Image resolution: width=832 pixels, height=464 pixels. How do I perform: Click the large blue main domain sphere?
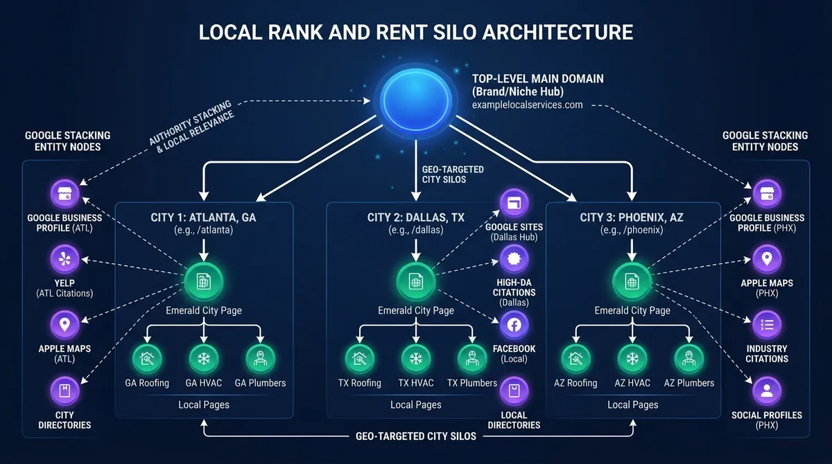[x=415, y=100]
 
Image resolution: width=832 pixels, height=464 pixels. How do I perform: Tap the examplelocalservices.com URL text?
[x=527, y=105]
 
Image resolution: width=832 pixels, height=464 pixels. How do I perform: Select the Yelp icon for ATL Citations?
[x=64, y=259]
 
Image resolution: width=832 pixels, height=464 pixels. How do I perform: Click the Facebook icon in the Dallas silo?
[x=514, y=325]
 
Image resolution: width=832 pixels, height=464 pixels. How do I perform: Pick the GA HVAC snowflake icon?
[x=204, y=359]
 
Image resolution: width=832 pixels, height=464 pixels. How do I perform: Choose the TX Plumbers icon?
[x=472, y=359]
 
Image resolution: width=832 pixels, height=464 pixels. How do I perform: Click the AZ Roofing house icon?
[x=575, y=359]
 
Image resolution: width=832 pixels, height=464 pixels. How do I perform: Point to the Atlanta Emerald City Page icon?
[x=204, y=281]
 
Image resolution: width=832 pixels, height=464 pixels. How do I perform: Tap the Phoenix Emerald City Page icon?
[x=632, y=281]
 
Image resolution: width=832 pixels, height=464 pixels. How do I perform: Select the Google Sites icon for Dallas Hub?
[x=514, y=203]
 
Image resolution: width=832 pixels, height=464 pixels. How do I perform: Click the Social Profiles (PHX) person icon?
[x=767, y=391]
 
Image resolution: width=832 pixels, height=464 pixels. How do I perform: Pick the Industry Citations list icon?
[x=767, y=325]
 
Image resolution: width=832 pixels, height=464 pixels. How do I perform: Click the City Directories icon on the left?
[x=64, y=391]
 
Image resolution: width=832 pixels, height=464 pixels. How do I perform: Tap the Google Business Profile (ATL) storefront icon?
[x=64, y=194]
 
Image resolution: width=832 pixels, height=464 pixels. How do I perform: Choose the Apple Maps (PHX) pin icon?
[x=767, y=259]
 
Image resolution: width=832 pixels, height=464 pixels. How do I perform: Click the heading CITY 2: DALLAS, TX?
[x=415, y=217]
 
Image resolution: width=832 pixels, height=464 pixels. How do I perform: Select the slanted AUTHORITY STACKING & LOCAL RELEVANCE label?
[x=191, y=127]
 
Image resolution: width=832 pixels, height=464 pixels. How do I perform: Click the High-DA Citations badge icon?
[x=514, y=259]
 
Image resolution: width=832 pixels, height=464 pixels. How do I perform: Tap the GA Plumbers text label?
[x=260, y=383]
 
